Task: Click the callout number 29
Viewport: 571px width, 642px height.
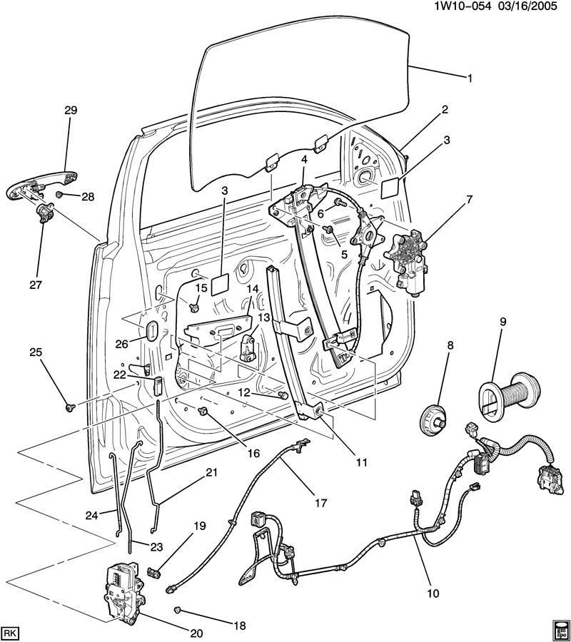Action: [x=71, y=110]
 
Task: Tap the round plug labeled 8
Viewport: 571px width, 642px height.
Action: [x=433, y=416]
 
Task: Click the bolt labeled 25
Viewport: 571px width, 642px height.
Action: [x=70, y=407]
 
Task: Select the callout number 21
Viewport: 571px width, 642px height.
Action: [x=211, y=472]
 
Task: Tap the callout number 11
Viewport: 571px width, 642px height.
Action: [x=361, y=462]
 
